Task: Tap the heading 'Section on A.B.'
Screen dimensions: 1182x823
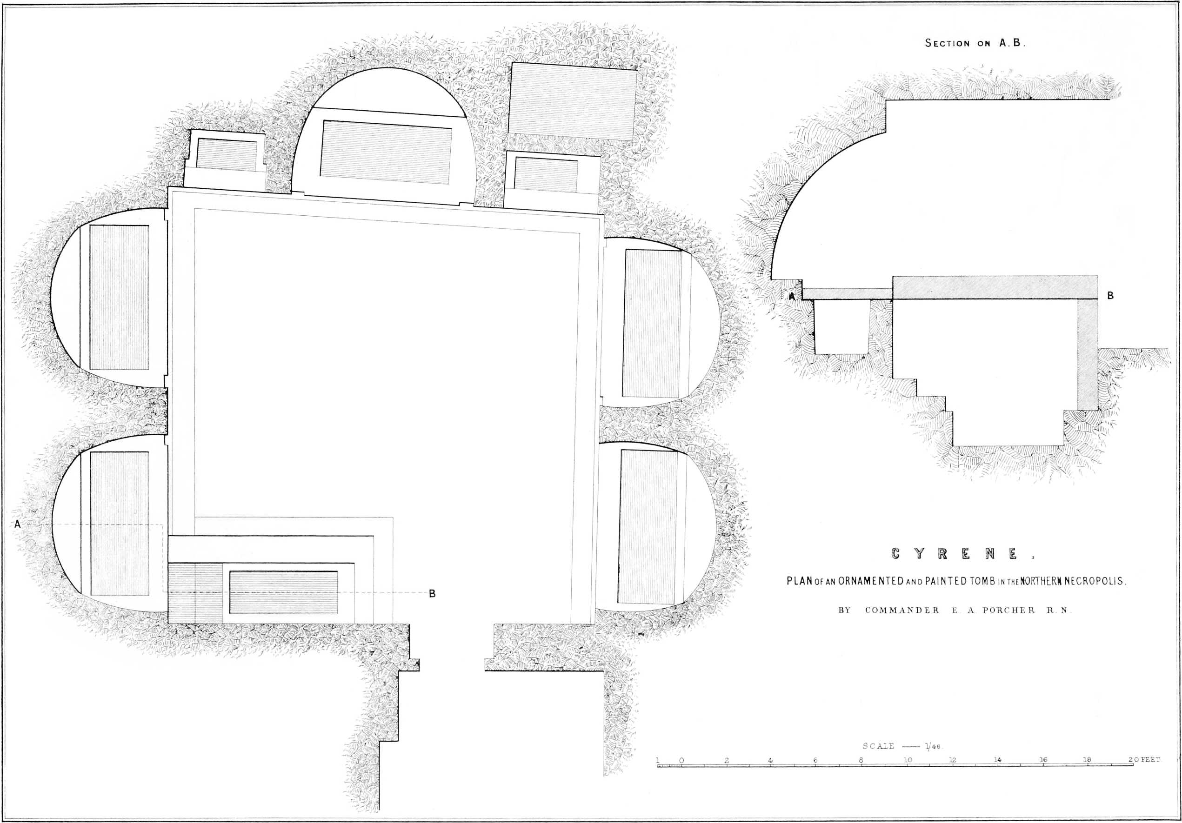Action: (975, 43)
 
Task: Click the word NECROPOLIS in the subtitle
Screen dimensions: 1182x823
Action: (1089, 582)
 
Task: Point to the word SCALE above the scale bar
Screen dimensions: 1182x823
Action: (878, 746)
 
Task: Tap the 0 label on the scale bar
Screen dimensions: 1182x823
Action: (681, 760)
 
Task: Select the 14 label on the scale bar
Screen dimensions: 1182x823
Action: (998, 760)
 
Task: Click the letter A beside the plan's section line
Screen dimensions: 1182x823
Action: (18, 524)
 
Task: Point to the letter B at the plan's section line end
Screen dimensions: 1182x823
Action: (432, 593)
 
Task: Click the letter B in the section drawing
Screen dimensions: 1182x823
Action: (1110, 296)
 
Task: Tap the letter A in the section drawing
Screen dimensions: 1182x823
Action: (793, 296)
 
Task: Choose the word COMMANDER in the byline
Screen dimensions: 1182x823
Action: (902, 611)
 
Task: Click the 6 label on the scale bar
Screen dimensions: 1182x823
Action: (815, 760)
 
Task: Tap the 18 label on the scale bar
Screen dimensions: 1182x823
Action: (1087, 760)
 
